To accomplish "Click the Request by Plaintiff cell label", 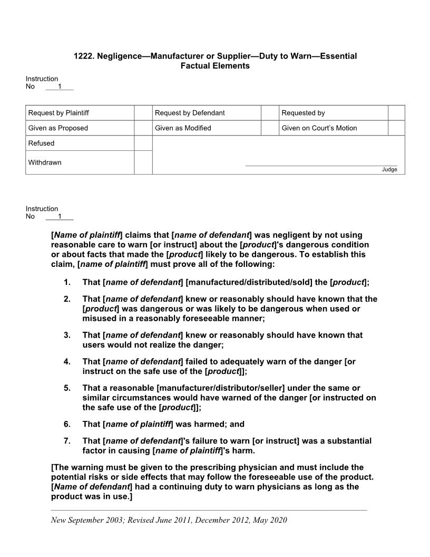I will (x=58, y=113).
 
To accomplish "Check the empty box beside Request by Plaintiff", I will (x=143, y=113).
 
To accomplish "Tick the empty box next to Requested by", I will (x=396, y=113).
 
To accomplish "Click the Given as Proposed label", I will (x=58, y=128).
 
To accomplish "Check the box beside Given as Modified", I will (x=270, y=128).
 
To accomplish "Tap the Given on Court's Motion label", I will (x=319, y=128).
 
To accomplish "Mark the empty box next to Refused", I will (x=143, y=143).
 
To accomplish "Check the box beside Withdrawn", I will (x=143, y=162).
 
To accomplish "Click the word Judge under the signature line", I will (x=389, y=169).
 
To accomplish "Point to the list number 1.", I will (x=67, y=283).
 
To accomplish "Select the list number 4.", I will (x=67, y=362).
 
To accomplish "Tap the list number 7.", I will (x=67, y=441).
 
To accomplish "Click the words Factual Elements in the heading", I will (x=215, y=66).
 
